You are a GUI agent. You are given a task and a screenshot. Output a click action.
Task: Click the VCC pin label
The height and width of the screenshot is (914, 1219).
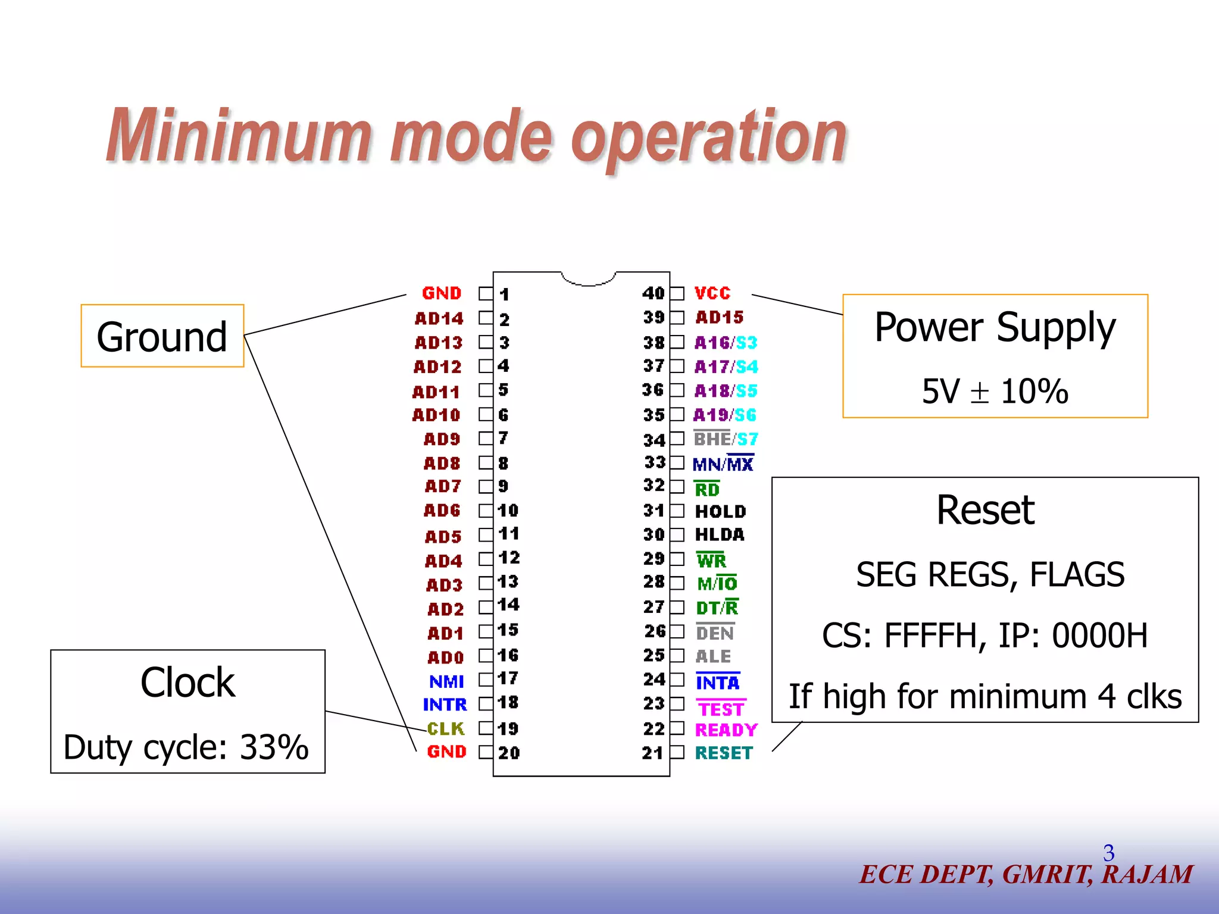(x=712, y=293)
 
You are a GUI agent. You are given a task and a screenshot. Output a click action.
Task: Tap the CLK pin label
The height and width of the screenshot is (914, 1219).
(x=446, y=728)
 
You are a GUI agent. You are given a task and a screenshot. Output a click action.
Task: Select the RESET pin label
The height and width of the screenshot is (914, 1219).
(x=724, y=753)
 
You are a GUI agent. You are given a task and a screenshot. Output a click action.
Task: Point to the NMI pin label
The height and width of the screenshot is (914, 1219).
(x=446, y=681)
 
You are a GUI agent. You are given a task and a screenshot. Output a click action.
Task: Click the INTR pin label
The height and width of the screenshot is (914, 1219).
(x=445, y=705)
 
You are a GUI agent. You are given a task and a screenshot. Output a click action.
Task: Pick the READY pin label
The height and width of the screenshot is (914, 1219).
(x=726, y=730)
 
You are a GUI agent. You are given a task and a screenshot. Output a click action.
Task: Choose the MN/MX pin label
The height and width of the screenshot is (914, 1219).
(x=723, y=464)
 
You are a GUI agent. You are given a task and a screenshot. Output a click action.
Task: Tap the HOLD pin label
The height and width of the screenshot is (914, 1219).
(x=720, y=511)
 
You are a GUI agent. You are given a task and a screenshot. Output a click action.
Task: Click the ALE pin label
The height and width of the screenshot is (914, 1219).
(x=713, y=656)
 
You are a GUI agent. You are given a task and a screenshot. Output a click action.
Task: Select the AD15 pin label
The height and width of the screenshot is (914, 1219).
(x=719, y=317)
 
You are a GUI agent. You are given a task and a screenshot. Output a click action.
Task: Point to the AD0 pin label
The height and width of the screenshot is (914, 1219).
(x=445, y=658)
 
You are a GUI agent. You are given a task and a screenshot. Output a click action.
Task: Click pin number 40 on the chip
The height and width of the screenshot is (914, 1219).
(x=653, y=293)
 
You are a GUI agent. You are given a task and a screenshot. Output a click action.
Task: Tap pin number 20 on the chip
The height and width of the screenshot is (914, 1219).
(x=509, y=753)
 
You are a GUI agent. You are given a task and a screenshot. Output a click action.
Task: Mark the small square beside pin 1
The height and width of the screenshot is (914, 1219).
(x=486, y=294)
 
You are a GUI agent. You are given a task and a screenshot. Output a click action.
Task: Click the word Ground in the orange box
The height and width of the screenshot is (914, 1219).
(x=162, y=337)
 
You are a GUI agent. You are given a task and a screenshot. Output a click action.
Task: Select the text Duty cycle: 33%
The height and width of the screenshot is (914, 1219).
(x=186, y=747)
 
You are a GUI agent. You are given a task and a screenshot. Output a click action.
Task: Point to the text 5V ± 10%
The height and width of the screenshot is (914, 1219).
(x=995, y=392)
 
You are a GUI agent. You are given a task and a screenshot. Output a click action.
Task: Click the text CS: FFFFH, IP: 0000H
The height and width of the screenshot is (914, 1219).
(x=984, y=636)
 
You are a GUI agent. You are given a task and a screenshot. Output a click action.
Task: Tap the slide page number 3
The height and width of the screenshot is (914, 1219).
(x=1108, y=853)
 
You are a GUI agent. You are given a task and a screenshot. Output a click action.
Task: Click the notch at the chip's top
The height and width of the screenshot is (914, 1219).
(x=588, y=279)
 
